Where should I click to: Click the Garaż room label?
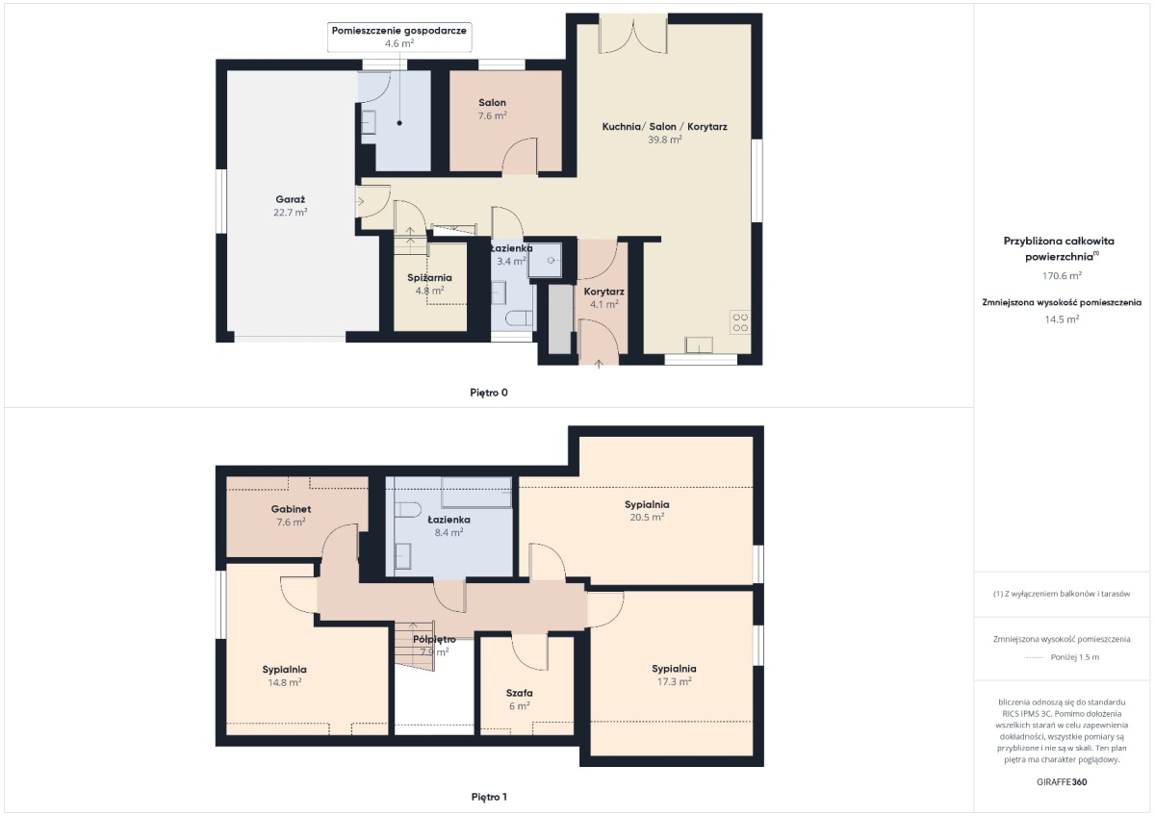pyautogui.click(x=291, y=199)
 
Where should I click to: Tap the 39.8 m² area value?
pyautogui.click(x=665, y=140)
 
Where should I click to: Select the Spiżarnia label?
pyautogui.click(x=429, y=278)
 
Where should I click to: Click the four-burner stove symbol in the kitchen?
pyautogui.click(x=740, y=322)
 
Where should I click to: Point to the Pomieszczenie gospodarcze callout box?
pyautogui.click(x=399, y=37)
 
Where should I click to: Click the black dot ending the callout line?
pyautogui.click(x=399, y=123)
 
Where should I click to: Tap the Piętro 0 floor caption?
pyautogui.click(x=489, y=393)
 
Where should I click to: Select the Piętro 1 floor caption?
pyautogui.click(x=489, y=797)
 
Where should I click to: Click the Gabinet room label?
pyautogui.click(x=291, y=509)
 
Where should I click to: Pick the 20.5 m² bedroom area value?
pyautogui.click(x=647, y=517)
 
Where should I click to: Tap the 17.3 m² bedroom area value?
pyautogui.click(x=674, y=681)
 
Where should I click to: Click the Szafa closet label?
pyautogui.click(x=519, y=693)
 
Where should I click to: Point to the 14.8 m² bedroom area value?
pyautogui.click(x=285, y=682)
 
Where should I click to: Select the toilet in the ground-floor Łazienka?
pyautogui.click(x=519, y=319)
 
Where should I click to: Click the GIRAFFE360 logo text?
pyautogui.click(x=1062, y=782)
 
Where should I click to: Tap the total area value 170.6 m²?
pyautogui.click(x=1062, y=276)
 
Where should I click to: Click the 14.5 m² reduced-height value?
pyautogui.click(x=1062, y=319)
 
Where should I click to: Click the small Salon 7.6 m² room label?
pyautogui.click(x=493, y=109)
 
